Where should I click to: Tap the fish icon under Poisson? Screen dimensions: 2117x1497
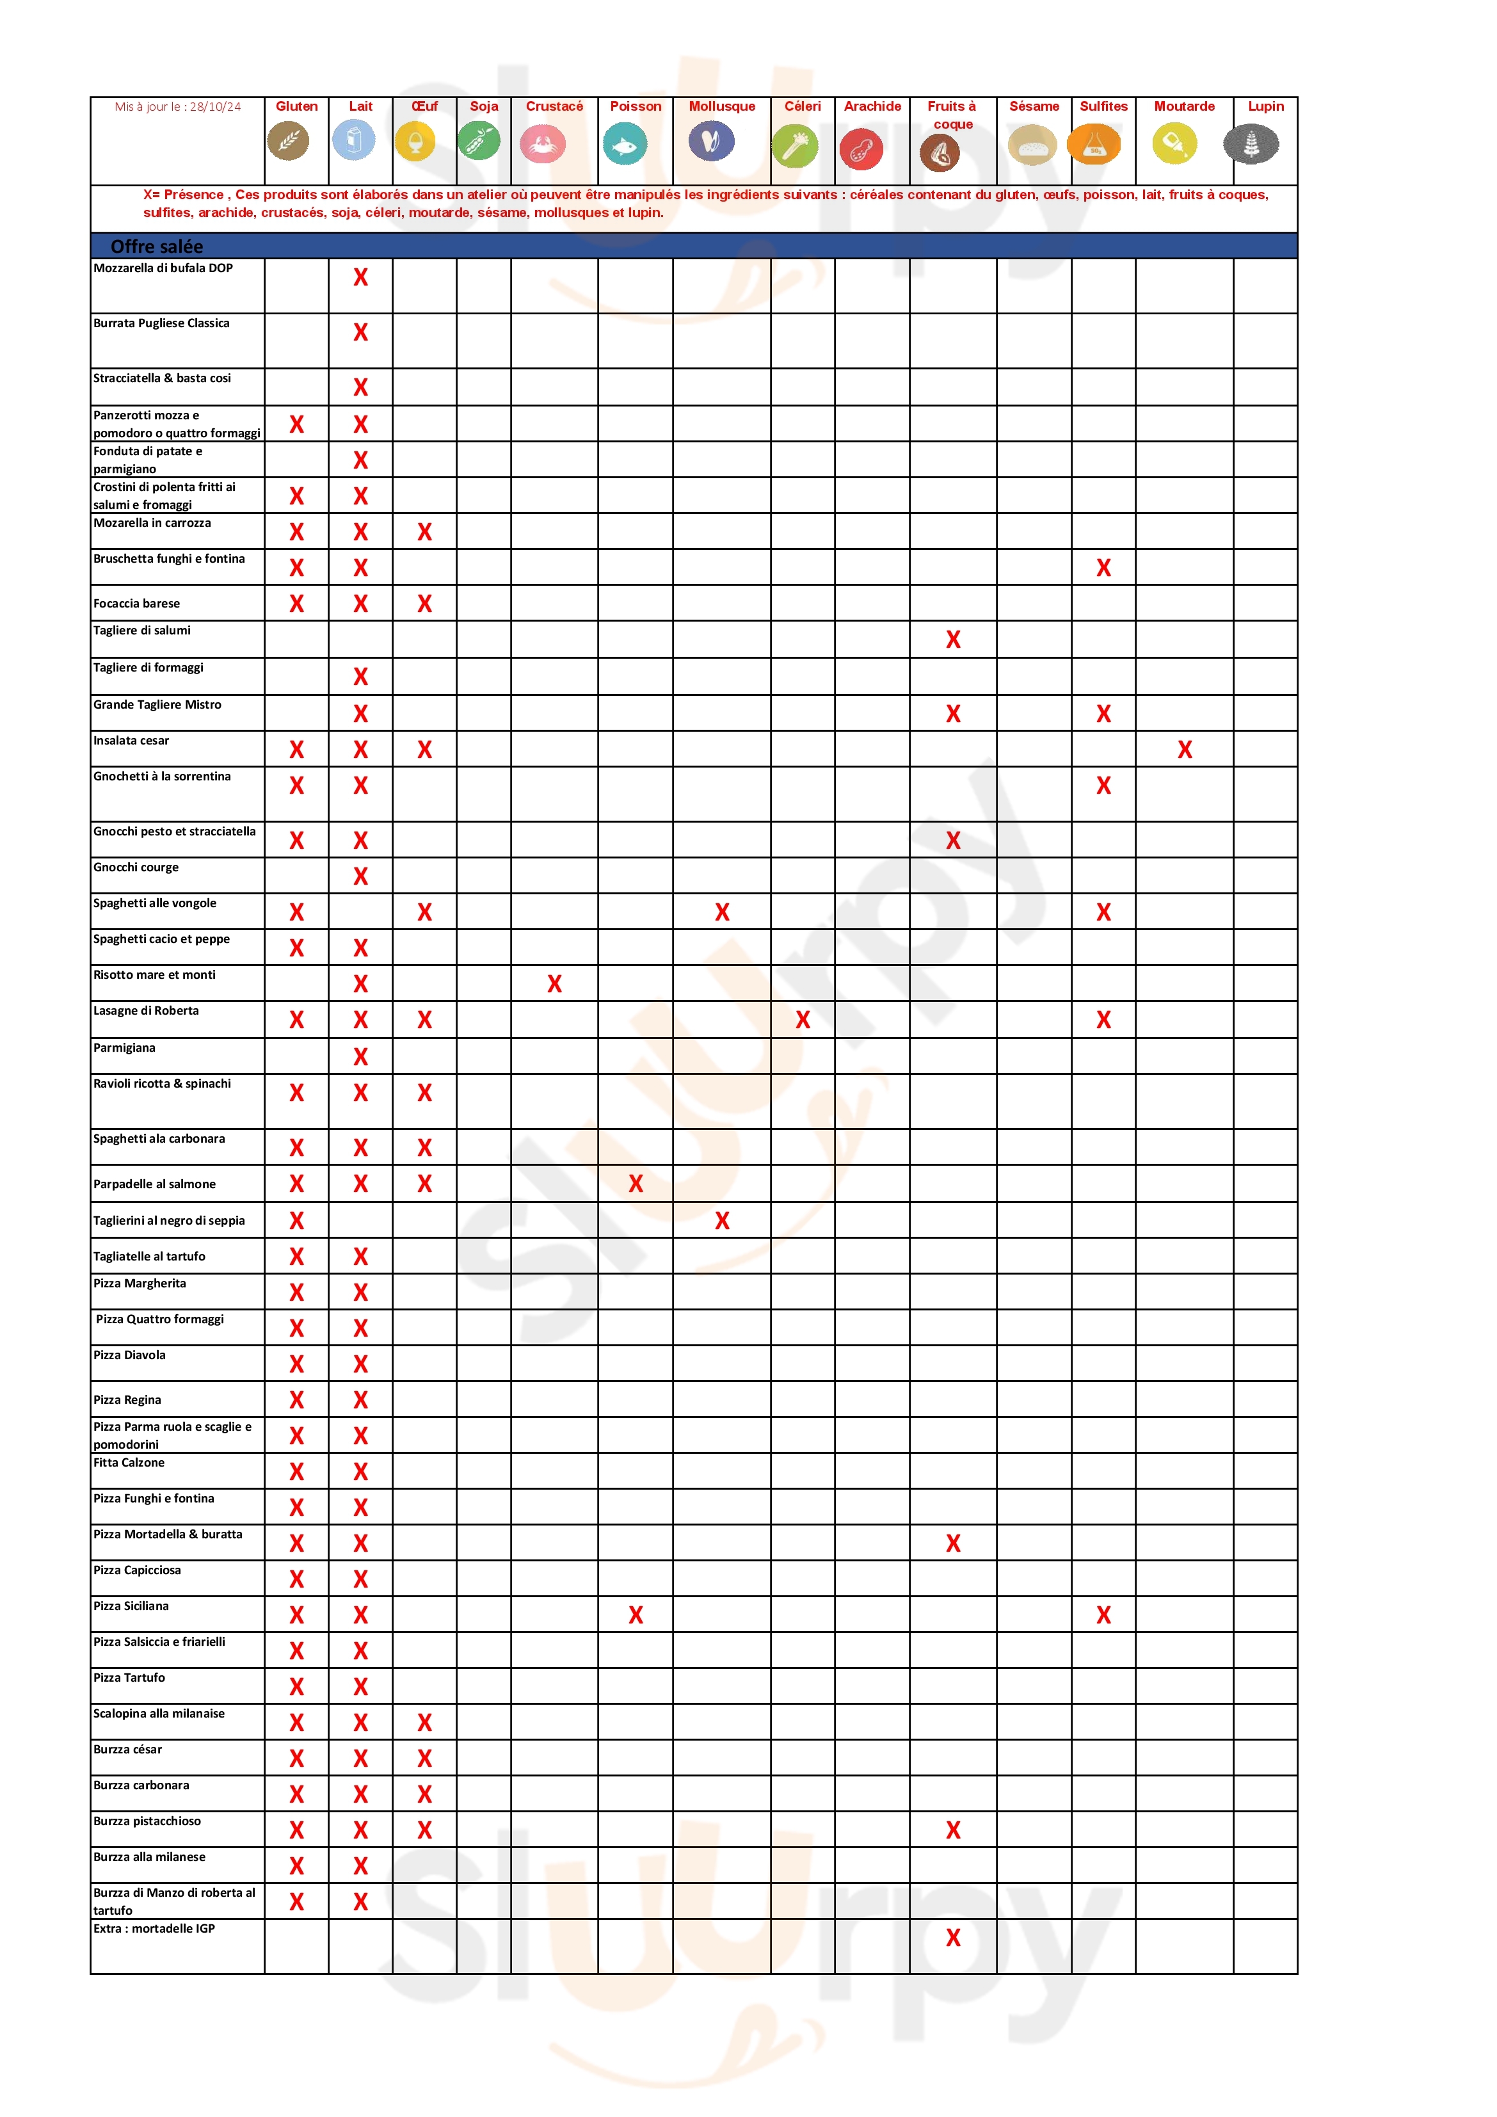pyautogui.click(x=625, y=145)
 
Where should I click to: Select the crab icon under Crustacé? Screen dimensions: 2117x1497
pyautogui.click(x=542, y=145)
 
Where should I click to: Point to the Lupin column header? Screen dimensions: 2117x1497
pyautogui.click(x=1265, y=106)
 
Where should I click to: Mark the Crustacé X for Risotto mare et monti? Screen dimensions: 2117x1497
pyautogui.click(x=554, y=984)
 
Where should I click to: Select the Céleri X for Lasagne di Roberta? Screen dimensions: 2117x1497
pyautogui.click(x=802, y=1020)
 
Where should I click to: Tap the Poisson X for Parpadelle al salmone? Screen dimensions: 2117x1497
pyautogui.click(x=635, y=1184)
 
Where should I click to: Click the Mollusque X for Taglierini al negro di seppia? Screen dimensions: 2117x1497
pyautogui.click(x=722, y=1221)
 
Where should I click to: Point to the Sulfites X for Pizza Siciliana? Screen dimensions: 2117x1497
pyautogui.click(x=1103, y=1614)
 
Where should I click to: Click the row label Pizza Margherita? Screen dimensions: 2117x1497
pyautogui.click(x=139, y=1284)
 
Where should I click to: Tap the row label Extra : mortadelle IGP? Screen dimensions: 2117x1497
pyautogui.click(x=154, y=1928)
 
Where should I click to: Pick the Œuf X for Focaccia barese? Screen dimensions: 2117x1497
pyautogui.click(x=424, y=603)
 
